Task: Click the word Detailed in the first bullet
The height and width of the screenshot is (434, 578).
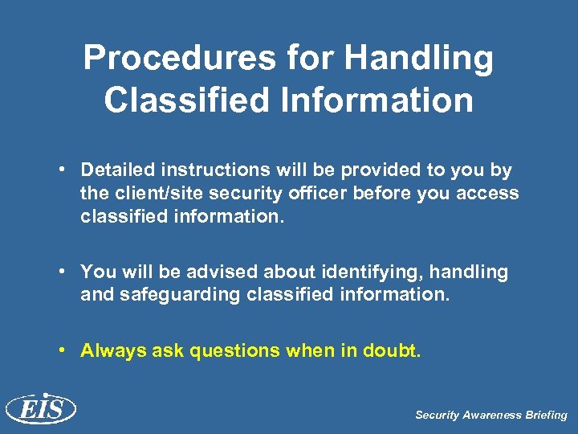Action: (x=118, y=170)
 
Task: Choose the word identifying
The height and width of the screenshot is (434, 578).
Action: (x=346, y=272)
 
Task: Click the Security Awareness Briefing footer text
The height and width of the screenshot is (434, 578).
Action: (x=490, y=416)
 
